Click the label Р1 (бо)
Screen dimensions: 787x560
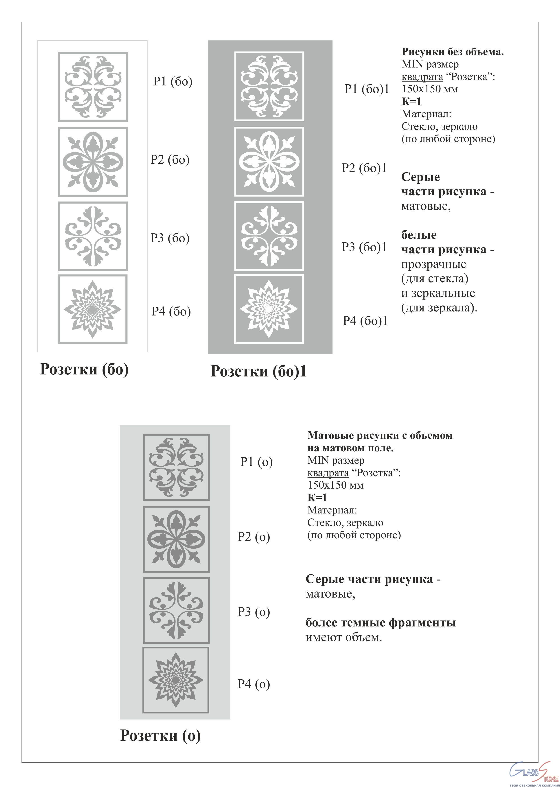[173, 82]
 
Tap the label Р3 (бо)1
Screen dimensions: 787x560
[364, 247]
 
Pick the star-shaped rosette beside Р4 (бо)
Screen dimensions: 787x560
[92, 309]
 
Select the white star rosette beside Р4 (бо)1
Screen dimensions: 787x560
[269, 309]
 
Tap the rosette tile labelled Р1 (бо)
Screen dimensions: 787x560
[93, 87]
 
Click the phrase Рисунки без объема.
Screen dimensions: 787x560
[452, 52]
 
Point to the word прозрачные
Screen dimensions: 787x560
[433, 264]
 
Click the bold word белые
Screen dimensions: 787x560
[419, 235]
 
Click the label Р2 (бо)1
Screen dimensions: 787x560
[364, 168]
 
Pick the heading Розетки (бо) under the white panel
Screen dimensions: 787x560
[85, 369]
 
